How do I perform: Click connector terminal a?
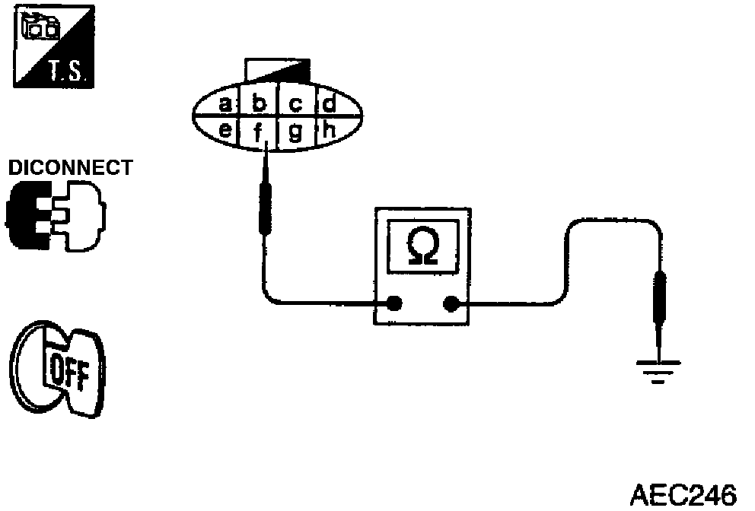point(225,103)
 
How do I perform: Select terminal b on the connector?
point(259,103)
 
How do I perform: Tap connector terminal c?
point(296,103)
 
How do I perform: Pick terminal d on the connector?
point(330,103)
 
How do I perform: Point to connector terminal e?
point(226,130)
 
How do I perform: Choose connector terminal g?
point(296,132)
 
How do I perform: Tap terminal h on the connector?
point(330,130)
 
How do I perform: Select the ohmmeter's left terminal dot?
point(394,304)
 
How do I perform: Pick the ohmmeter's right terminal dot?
point(450,304)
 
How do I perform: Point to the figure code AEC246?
point(683,494)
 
